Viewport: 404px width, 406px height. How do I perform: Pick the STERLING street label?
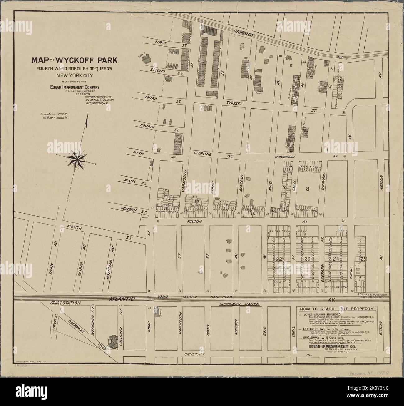click(x=202, y=154)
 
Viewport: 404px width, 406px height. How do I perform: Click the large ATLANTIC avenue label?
click(x=122, y=299)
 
